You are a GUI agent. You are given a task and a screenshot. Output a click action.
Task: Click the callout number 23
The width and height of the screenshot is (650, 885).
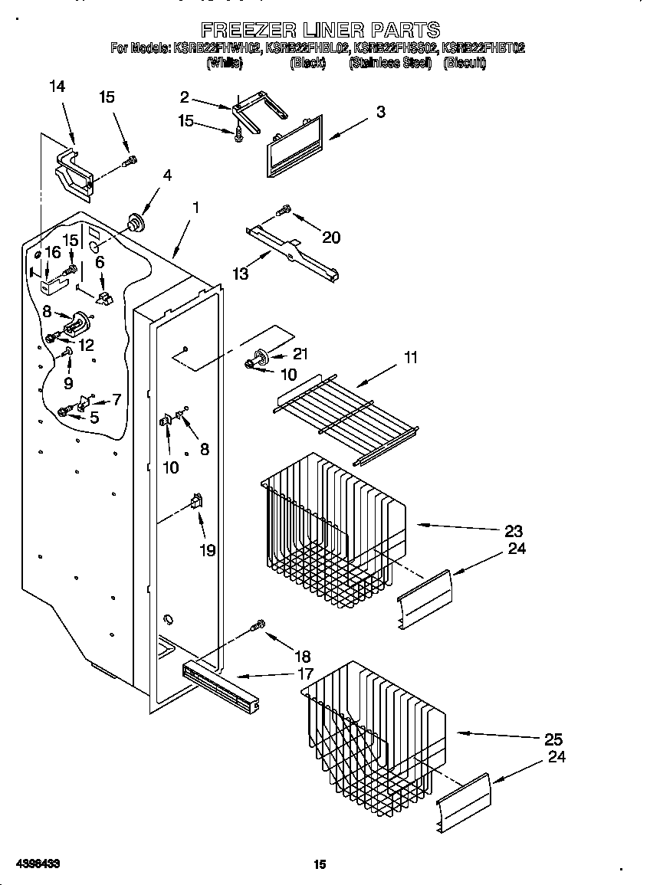click(514, 530)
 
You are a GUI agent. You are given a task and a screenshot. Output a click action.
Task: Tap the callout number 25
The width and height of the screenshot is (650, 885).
click(553, 739)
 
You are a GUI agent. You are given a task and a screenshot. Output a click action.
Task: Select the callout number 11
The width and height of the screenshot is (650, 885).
click(412, 356)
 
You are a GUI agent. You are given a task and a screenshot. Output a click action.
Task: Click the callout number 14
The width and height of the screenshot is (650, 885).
click(57, 87)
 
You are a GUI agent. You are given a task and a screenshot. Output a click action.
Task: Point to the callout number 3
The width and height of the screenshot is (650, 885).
click(380, 112)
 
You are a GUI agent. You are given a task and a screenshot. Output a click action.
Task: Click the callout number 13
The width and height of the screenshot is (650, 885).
click(241, 274)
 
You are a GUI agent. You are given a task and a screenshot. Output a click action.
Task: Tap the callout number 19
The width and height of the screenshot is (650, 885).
click(208, 550)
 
